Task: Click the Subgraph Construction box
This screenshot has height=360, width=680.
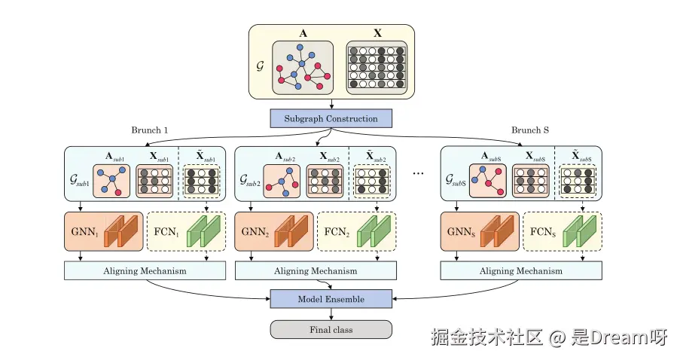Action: [331, 118]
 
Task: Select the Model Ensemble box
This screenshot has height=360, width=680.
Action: [331, 299]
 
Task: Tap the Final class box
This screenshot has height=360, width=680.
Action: [331, 329]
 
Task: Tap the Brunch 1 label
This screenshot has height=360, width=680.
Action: [149, 130]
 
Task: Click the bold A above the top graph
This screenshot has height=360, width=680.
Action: [302, 34]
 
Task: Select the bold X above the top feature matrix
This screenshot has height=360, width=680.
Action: [377, 34]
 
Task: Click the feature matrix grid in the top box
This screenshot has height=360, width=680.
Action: [377, 68]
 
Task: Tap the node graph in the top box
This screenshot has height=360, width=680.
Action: [301, 68]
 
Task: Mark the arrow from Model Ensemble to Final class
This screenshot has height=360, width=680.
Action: [331, 314]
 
